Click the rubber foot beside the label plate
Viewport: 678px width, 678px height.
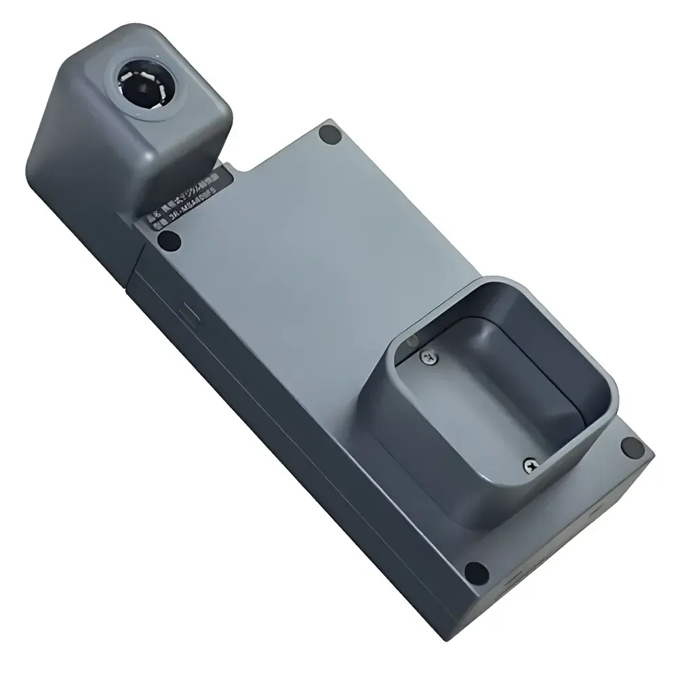point(167,239)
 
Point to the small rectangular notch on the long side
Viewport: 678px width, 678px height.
point(187,316)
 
